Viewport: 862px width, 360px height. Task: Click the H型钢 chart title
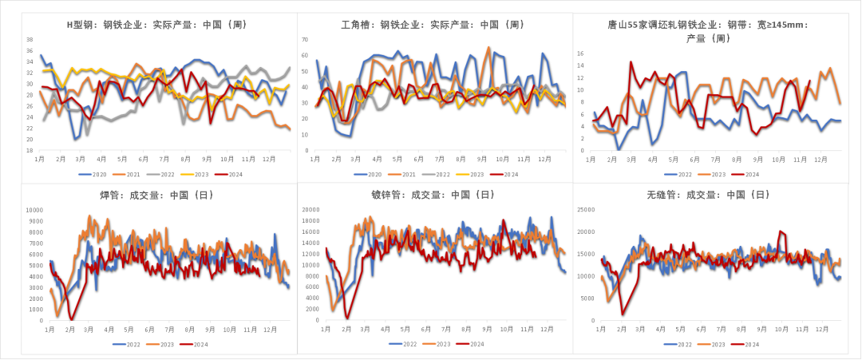(x=155, y=25)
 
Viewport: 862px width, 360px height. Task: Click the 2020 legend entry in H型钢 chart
(x=97, y=174)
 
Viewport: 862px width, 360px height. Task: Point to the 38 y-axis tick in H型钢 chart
(x=30, y=39)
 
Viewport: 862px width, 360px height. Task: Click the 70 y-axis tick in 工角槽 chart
(x=305, y=39)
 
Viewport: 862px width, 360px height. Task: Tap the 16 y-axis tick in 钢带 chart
(x=580, y=54)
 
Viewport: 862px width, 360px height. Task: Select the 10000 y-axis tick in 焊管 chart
(x=36, y=210)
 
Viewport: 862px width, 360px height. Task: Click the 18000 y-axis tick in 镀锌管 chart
(x=310, y=210)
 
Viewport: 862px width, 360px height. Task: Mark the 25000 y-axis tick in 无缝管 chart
(x=587, y=210)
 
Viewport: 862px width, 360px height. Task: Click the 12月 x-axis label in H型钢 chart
(x=271, y=160)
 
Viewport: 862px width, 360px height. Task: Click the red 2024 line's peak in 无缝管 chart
(x=781, y=231)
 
